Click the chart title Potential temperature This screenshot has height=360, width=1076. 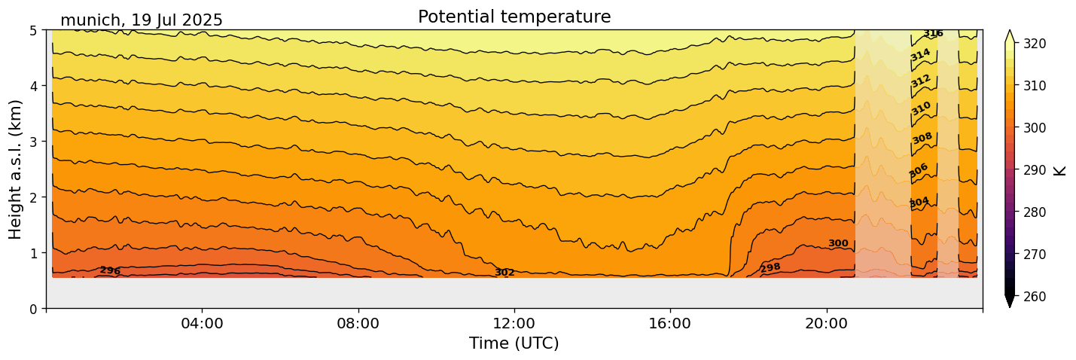point(514,17)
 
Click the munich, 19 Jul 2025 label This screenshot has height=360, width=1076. point(142,20)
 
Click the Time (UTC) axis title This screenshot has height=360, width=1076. point(514,343)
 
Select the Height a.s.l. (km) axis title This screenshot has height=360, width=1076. point(17,169)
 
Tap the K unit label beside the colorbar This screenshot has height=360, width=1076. point(1061,169)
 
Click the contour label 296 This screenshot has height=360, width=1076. point(110,270)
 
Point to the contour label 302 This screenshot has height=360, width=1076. point(504,273)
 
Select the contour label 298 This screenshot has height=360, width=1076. point(770,267)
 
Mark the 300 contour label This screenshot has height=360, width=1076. point(838,243)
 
